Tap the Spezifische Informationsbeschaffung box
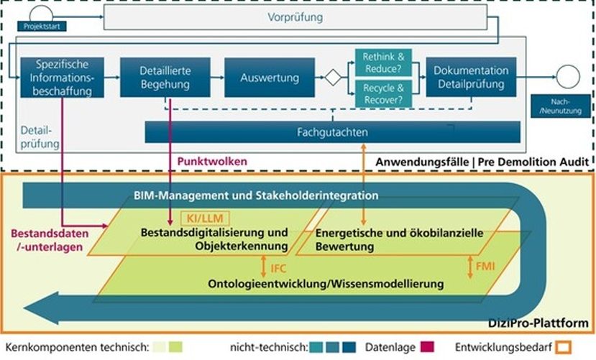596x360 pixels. click(63, 78)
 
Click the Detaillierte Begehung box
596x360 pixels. click(165, 78)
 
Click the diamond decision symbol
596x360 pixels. click(332, 78)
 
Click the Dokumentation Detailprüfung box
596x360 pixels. click(471, 78)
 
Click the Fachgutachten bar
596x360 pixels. click(332, 132)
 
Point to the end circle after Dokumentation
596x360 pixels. click(568, 76)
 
